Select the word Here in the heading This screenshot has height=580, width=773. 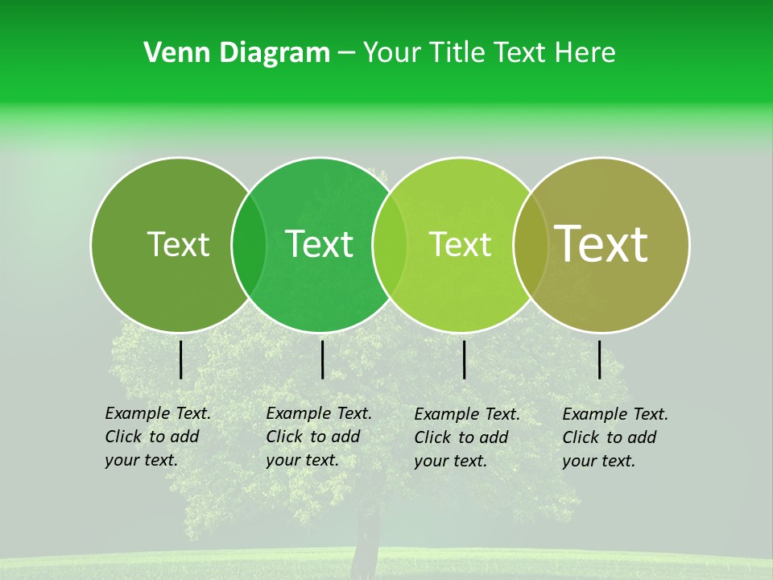point(585,53)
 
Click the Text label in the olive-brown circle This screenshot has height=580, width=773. point(601,244)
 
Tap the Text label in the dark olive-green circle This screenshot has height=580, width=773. point(178,244)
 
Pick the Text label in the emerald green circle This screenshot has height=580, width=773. point(319,244)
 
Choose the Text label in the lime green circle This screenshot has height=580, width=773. point(460,244)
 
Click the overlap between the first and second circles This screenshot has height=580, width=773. point(249,245)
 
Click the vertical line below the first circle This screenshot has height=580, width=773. point(180,359)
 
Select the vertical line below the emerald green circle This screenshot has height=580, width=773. point(322,359)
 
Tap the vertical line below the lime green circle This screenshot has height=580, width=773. point(464,359)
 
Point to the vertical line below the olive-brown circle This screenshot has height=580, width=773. point(599,359)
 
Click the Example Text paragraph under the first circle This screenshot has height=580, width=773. point(158,437)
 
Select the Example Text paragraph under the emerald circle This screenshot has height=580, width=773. point(319,437)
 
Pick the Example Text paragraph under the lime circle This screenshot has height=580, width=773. point(467,437)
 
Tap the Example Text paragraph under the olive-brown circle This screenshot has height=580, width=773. point(615,437)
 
